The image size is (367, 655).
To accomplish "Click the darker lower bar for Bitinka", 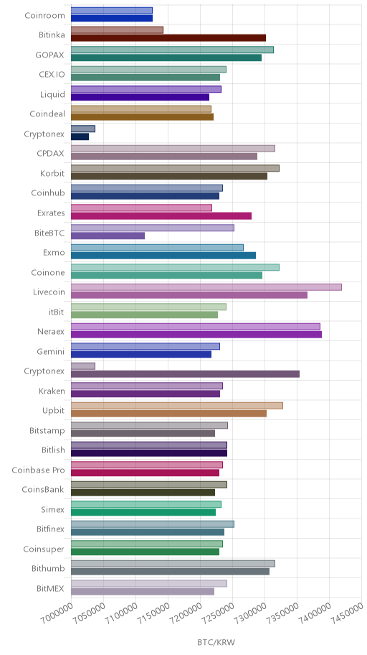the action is point(168,38).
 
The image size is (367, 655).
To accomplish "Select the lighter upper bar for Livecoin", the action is point(206,287).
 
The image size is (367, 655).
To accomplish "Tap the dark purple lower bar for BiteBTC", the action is point(108,236).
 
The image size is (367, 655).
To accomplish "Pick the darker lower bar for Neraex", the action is point(196,335).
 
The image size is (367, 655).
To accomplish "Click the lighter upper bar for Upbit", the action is point(177,406).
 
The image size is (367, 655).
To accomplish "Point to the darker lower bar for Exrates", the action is point(161,216).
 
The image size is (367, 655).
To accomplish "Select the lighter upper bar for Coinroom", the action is point(112,11).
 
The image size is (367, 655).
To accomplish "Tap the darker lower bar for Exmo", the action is point(163,256).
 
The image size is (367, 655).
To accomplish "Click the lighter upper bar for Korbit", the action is point(175,168).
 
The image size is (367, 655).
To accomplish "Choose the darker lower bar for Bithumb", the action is point(170,572).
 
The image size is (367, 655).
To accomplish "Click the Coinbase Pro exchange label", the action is point(39,470).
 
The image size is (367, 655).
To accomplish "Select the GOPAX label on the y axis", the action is point(50,55).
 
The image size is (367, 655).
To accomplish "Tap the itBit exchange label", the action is point(57,312).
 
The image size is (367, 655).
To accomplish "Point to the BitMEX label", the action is point(50,589).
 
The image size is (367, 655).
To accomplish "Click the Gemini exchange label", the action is point(51,351).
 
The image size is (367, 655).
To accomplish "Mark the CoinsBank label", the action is point(44,490).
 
